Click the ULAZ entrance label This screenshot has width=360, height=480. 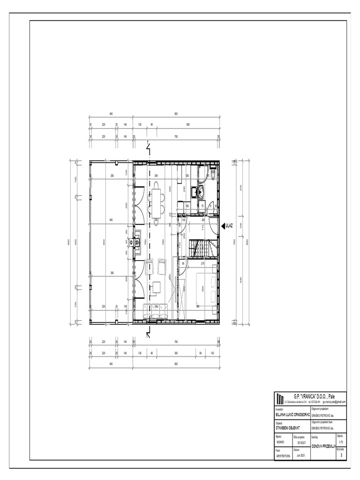(229, 225)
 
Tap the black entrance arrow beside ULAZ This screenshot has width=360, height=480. (223, 225)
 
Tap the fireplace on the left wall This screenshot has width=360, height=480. (136, 243)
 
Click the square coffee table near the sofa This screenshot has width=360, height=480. (157, 285)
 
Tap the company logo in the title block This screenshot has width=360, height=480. (280, 398)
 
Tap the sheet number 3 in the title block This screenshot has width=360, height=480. (341, 455)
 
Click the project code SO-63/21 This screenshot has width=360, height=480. (301, 442)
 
